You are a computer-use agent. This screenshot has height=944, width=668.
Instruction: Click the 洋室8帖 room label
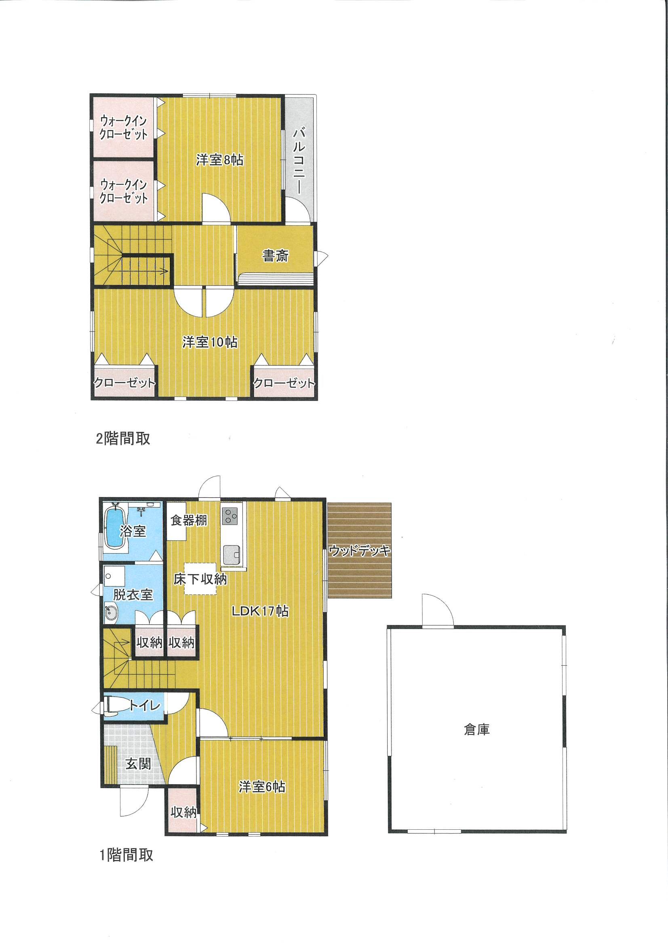(219, 159)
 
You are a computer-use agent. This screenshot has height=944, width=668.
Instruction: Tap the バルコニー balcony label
(299, 161)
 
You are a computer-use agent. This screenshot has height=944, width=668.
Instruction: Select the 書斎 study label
(275, 256)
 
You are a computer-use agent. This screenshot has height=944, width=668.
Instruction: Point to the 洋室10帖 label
(209, 342)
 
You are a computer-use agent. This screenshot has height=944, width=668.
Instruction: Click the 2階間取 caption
(123, 439)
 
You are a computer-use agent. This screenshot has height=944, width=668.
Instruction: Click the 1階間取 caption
(126, 855)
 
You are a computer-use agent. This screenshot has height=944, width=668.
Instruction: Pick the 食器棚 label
(189, 520)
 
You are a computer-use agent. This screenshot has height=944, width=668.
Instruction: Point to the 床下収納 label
(200, 579)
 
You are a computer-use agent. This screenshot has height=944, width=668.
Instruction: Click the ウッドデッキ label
(359, 550)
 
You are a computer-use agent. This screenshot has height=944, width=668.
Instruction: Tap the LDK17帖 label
(260, 611)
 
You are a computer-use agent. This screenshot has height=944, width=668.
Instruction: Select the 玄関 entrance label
(138, 764)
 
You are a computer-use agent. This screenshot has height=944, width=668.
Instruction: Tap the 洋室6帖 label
(262, 787)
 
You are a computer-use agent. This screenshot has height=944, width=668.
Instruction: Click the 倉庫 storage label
(476, 730)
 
